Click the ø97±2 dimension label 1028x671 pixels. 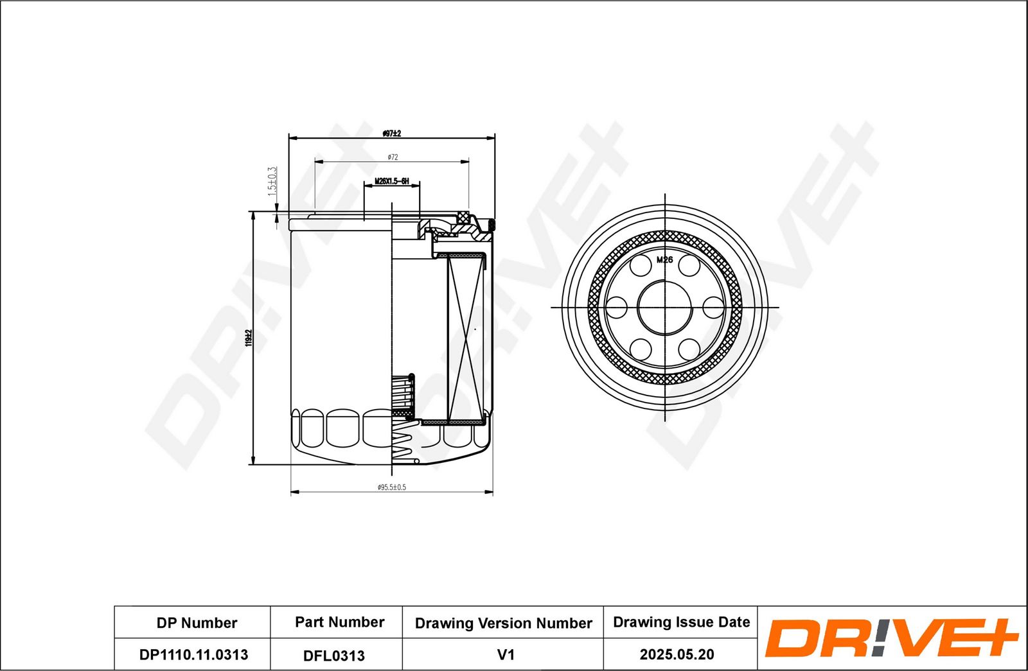coord(391,134)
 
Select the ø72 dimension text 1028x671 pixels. coord(393,157)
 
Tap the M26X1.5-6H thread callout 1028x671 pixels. coord(391,182)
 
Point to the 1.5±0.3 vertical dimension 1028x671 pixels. coord(272,182)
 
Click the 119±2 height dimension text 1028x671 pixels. coord(248,338)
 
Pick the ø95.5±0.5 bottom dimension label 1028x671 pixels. coord(391,487)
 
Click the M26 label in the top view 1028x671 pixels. coord(664,260)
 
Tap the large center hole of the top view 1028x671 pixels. coord(664,307)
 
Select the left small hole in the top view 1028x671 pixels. coord(617,307)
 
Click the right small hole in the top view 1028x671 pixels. coord(713,307)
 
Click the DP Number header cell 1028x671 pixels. coord(197,623)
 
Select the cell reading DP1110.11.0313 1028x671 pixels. coord(193,654)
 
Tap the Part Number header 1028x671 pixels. coord(339,622)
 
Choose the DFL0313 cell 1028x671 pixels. coord(333,656)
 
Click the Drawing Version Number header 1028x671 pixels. coord(503,623)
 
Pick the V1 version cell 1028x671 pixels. coord(506,655)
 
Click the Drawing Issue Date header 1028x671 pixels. coord(681,622)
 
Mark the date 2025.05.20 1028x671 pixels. coord(677,654)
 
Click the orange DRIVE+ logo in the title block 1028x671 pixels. coord(891,638)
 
